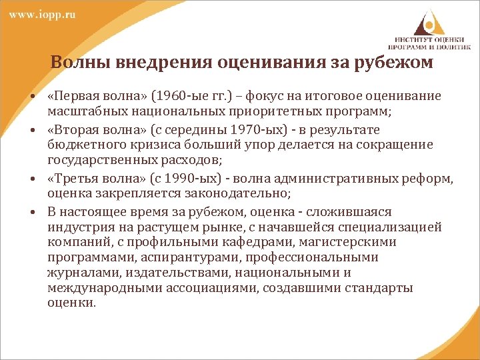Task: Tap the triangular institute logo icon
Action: tap(426, 21)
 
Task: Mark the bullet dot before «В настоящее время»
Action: tap(32, 211)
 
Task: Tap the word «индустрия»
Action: tap(76, 227)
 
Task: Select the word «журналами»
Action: tap(77, 273)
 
